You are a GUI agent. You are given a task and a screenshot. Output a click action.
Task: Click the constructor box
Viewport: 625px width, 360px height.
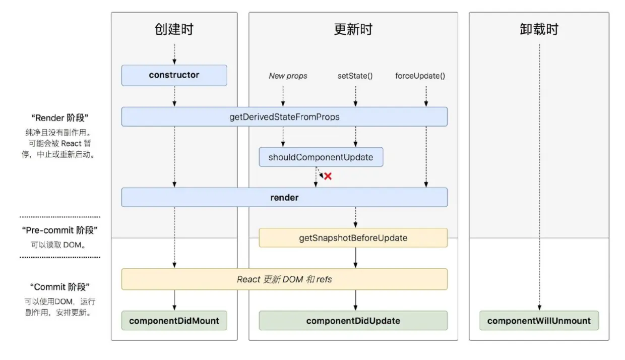pyautogui.click(x=174, y=75)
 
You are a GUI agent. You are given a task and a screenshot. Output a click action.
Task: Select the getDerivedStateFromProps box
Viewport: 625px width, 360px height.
pyautogui.click(x=284, y=117)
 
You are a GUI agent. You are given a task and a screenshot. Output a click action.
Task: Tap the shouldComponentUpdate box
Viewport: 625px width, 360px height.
pyautogui.click(x=321, y=157)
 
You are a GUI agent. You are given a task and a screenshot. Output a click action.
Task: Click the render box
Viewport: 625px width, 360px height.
pyautogui.click(x=284, y=198)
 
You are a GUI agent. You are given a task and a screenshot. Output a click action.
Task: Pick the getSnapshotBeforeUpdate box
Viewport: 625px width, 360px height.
pyautogui.click(x=353, y=238)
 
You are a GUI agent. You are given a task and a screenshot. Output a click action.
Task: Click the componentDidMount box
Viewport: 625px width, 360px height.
pyautogui.click(x=174, y=321)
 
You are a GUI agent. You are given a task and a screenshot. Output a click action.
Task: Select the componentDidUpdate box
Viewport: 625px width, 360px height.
pyautogui.click(x=353, y=321)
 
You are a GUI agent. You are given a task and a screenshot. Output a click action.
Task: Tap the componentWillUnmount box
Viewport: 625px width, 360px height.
pyautogui.click(x=539, y=321)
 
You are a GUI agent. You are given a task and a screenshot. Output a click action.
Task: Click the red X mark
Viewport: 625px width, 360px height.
pyautogui.click(x=328, y=176)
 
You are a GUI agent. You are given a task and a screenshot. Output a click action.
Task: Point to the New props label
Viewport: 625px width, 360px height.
pyautogui.click(x=288, y=76)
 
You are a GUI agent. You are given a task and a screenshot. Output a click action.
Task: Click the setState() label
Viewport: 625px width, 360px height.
pyautogui.click(x=355, y=76)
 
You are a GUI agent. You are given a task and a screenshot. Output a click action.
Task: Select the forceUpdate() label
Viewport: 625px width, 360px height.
pyautogui.click(x=420, y=76)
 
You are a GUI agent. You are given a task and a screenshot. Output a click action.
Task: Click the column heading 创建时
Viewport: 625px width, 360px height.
pyautogui.click(x=174, y=29)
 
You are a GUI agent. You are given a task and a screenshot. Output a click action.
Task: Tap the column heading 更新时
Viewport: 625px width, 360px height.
pyautogui.click(x=353, y=29)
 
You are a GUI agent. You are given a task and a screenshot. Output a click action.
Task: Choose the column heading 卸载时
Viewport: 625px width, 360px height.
pyautogui.click(x=539, y=29)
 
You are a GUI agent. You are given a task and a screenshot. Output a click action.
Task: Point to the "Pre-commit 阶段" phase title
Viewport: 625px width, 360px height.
pyautogui.click(x=59, y=230)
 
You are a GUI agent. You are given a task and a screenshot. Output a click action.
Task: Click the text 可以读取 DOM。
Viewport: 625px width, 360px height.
pyautogui.click(x=59, y=245)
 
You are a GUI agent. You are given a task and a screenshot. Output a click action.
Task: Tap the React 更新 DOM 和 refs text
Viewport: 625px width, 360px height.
pyautogui.click(x=284, y=279)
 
